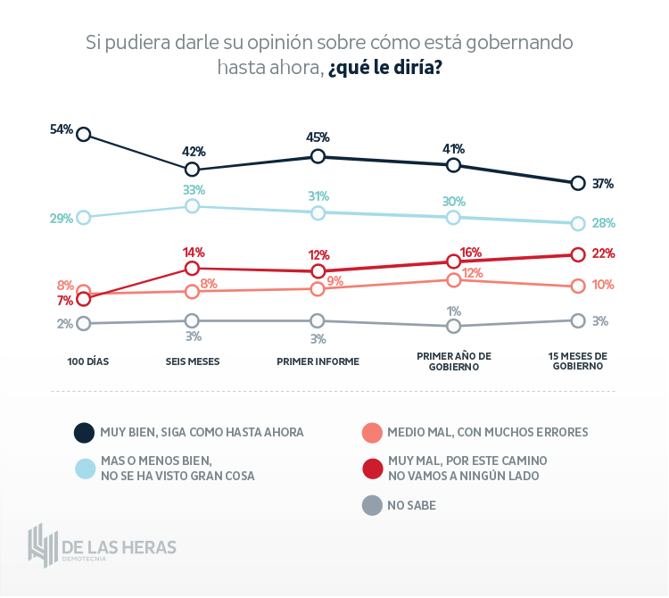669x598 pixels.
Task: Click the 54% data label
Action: click(61, 129)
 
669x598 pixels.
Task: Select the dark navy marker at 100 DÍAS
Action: click(84, 134)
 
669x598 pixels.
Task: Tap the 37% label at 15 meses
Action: click(603, 184)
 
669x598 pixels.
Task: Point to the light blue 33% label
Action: click(194, 190)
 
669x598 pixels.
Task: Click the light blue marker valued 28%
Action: click(577, 223)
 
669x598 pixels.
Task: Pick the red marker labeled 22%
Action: click(577, 254)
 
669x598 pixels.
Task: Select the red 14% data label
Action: click(194, 253)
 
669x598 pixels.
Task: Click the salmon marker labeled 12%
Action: click(453, 280)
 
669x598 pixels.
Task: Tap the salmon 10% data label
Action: click(603, 285)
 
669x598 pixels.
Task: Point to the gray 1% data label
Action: click(453, 311)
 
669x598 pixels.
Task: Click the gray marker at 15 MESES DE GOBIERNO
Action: click(577, 320)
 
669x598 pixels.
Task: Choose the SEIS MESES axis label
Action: click(193, 361)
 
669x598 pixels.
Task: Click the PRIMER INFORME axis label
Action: click(318, 361)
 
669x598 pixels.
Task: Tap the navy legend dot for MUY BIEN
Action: click(84, 433)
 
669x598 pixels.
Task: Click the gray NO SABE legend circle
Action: click(372, 506)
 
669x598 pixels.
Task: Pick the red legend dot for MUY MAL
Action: click(372, 468)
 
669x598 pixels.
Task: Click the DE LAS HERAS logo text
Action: click(119, 545)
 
